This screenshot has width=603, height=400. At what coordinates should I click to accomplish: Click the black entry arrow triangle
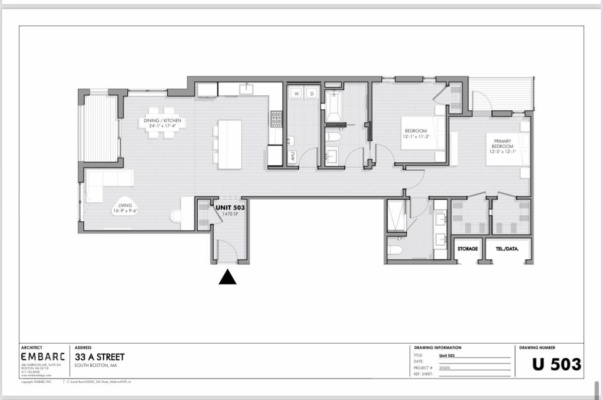point(227,278)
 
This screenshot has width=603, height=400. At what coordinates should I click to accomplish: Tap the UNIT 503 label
point(230,207)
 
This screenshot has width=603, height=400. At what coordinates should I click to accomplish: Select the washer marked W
point(297,94)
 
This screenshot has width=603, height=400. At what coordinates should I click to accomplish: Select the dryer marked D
point(312,94)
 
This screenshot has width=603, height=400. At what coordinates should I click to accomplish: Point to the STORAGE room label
point(467,249)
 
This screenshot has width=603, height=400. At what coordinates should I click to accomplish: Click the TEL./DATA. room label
point(508,249)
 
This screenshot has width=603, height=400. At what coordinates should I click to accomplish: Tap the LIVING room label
point(125,205)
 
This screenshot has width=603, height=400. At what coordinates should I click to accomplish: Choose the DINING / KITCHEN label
point(162,121)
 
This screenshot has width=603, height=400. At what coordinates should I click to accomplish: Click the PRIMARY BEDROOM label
point(502,143)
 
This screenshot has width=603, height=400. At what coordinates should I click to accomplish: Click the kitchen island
point(230,144)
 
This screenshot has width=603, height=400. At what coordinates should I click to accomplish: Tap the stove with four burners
point(276,119)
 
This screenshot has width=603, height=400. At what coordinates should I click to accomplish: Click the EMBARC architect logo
point(43,357)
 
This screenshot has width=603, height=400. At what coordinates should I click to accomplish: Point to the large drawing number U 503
point(557,364)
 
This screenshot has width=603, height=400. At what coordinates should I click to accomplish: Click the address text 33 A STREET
point(100,357)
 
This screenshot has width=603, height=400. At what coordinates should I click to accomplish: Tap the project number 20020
point(444,368)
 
